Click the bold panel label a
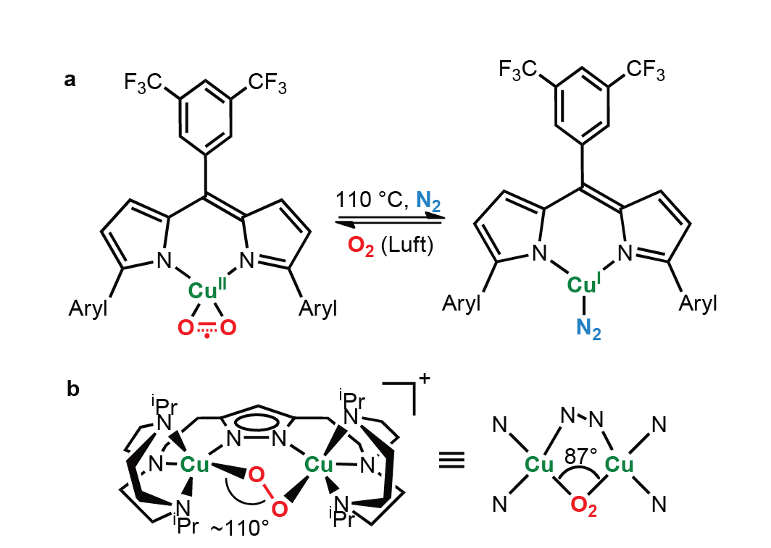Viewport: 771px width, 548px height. [x=70, y=80]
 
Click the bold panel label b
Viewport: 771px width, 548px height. [x=72, y=389]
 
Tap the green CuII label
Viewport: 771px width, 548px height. [x=207, y=289]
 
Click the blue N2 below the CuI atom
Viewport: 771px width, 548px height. [x=588, y=328]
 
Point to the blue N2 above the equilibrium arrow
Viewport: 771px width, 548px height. [x=428, y=201]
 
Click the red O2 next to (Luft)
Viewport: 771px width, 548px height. [x=361, y=245]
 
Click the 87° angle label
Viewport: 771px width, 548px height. [x=580, y=456]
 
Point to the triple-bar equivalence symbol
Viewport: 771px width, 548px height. [x=451, y=461]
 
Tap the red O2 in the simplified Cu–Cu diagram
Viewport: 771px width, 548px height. [x=583, y=505]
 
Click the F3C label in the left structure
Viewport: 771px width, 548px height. [x=143, y=83]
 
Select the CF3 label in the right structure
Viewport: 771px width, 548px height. [x=645, y=69]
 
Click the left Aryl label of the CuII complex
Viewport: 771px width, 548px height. [x=88, y=309]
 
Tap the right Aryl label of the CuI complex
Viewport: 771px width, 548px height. [x=698, y=304]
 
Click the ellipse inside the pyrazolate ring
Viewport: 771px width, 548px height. [x=257, y=421]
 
